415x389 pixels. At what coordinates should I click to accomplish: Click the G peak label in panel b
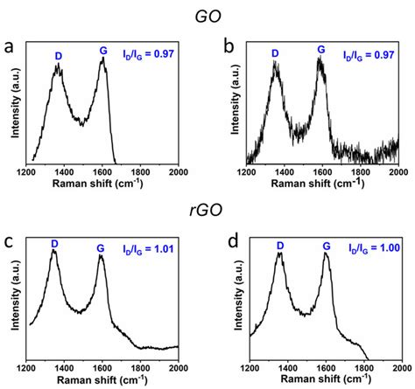pos(320,51)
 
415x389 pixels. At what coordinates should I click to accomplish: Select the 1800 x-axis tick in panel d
pos(362,365)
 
